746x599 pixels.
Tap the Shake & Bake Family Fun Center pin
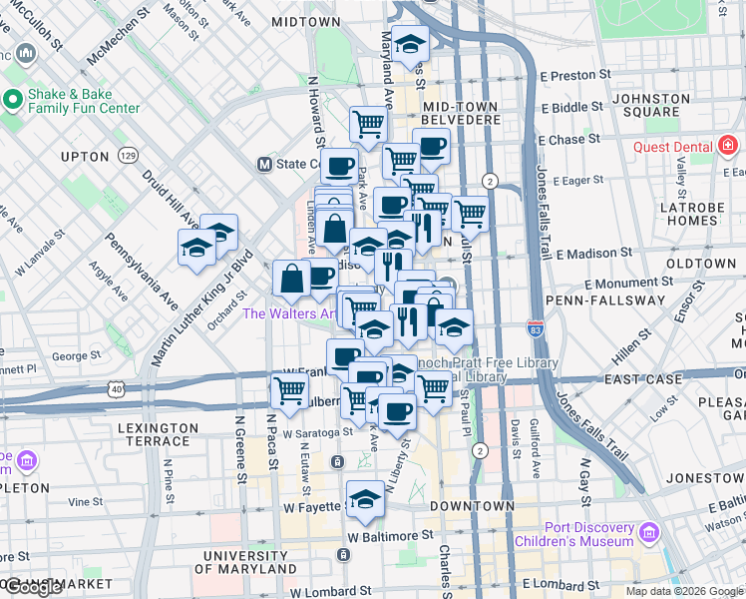point(13,99)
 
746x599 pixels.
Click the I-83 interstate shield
point(536,327)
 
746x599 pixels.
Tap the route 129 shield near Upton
point(128,156)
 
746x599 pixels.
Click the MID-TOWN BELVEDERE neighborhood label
point(461,112)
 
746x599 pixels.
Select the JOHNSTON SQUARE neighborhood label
point(650,105)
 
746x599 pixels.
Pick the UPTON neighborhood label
point(85,157)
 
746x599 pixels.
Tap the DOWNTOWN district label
point(473,506)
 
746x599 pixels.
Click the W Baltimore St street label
point(391,535)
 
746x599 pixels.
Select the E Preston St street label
point(575,75)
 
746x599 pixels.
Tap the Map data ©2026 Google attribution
point(683,591)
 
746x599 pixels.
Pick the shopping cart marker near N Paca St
point(289,391)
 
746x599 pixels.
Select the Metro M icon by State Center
point(265,165)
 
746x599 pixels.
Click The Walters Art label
point(289,313)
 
